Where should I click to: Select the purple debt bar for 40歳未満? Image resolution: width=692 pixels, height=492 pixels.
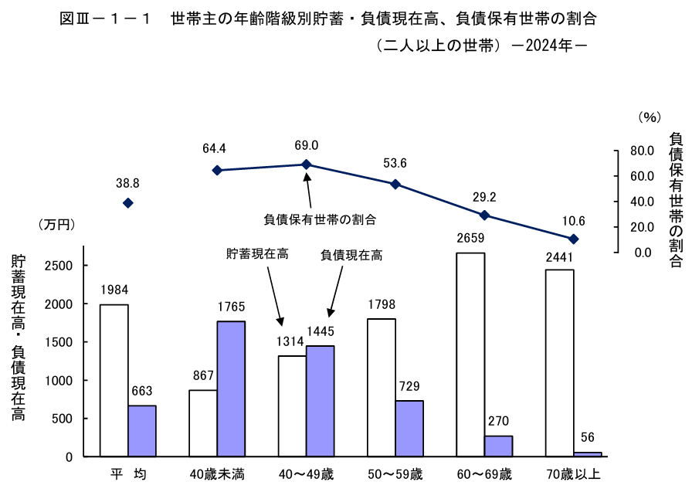(x=231, y=389)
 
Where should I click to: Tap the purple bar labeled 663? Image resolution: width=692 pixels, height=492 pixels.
(x=142, y=430)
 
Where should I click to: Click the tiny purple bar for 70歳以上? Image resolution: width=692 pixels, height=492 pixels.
(x=588, y=454)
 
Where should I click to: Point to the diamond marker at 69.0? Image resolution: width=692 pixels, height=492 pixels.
(x=307, y=165)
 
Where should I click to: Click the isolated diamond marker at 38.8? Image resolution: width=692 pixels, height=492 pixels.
(x=128, y=202)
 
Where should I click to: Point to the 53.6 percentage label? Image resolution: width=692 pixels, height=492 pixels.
(x=395, y=163)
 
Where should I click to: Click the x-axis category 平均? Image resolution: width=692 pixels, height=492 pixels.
(x=128, y=473)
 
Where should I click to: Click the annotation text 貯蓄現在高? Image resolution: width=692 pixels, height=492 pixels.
(x=257, y=254)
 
